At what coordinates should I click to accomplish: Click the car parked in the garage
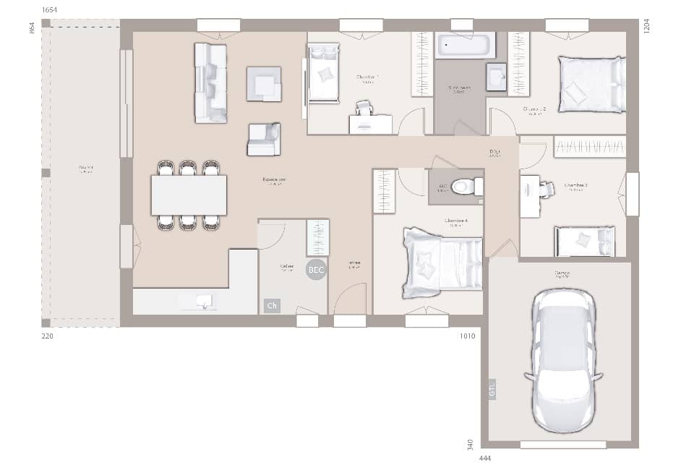tap(563, 360)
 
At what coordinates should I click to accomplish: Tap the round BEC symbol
tap(317, 270)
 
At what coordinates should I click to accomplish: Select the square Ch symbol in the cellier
tap(272, 306)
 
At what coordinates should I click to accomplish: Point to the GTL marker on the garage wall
tap(492, 389)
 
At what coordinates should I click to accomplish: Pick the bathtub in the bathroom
tap(466, 45)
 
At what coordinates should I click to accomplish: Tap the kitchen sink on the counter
tap(205, 301)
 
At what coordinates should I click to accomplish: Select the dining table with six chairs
tap(189, 195)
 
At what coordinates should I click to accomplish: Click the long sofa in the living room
tap(210, 82)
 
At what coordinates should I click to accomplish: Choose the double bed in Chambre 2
tap(591, 85)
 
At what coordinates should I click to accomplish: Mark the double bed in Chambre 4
tap(442, 261)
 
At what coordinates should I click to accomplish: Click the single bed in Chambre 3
tap(585, 241)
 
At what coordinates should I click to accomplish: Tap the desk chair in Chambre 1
tap(364, 109)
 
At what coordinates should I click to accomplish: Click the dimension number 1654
tap(50, 9)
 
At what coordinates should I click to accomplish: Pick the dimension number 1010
tap(467, 336)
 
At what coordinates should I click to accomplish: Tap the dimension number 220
tap(48, 336)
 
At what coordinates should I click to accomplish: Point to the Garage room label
tap(562, 273)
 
